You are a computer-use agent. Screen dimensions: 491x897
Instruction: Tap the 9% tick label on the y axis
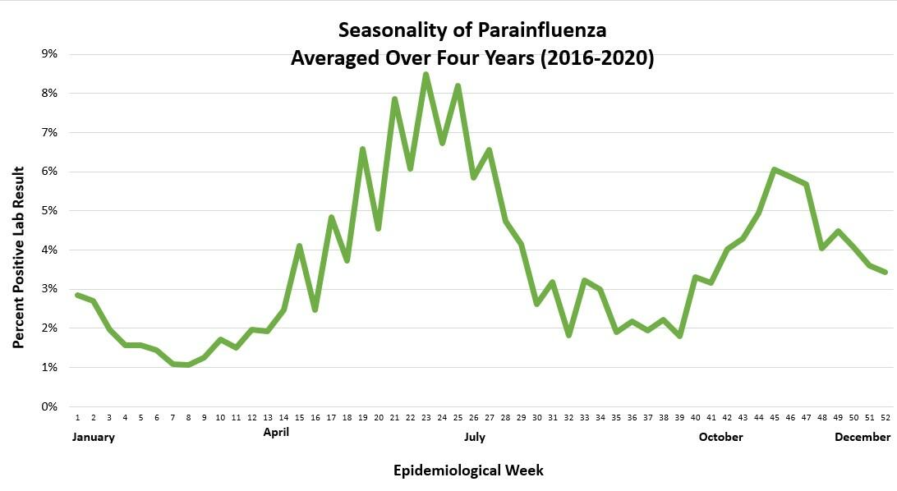tap(49, 54)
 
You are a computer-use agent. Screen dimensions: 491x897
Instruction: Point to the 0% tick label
tap(49, 406)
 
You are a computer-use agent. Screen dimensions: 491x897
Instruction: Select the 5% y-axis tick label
tap(49, 211)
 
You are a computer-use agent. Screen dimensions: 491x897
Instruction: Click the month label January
tap(94, 437)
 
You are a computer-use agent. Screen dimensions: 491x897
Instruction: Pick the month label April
tap(276, 430)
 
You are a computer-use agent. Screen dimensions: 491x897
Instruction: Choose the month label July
tap(474, 437)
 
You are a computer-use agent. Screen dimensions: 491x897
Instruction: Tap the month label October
tap(720, 437)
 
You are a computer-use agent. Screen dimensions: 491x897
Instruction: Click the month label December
tap(862, 437)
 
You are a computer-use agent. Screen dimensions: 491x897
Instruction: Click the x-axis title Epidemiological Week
tap(468, 470)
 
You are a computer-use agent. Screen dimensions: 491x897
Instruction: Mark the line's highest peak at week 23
tap(425, 74)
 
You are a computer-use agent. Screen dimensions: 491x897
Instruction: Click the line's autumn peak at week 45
tap(774, 169)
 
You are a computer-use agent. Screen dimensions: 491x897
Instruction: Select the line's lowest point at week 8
tap(188, 365)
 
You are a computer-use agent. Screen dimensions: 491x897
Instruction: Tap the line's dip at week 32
tap(568, 335)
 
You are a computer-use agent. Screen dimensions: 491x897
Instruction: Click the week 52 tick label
tap(885, 418)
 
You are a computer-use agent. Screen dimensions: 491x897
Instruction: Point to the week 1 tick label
tap(77, 418)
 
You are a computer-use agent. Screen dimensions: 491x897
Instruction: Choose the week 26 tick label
tap(473, 418)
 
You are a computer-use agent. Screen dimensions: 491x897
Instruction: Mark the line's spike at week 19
tap(362, 149)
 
